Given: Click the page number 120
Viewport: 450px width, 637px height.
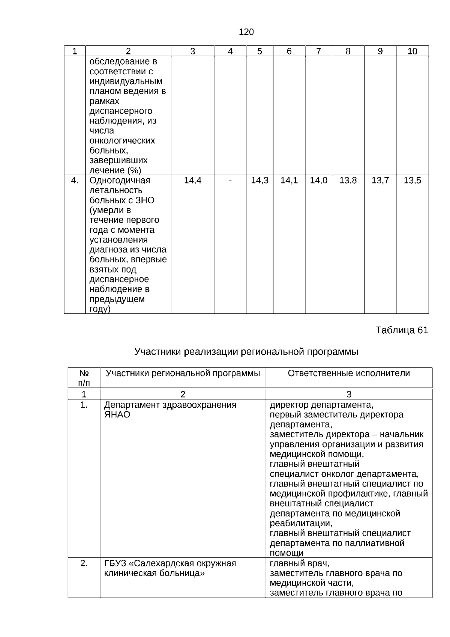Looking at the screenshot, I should tap(246, 32).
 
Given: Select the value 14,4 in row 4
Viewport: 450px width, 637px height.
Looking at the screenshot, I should tap(193, 181).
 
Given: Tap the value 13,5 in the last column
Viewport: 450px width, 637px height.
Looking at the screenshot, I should tap(412, 181).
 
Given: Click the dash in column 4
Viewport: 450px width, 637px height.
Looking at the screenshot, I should tap(230, 181).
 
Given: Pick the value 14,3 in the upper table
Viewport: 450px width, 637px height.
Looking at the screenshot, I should tap(259, 181).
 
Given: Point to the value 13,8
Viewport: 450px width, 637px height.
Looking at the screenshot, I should tap(348, 181).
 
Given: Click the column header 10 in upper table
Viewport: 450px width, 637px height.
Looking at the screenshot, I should tap(412, 51).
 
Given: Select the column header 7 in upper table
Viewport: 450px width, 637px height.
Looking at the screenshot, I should tap(318, 51).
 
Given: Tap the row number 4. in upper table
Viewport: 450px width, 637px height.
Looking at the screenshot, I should tap(75, 181).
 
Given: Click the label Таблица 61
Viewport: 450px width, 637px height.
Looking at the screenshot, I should tap(402, 330).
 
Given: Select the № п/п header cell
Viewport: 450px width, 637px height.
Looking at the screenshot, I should tap(84, 378).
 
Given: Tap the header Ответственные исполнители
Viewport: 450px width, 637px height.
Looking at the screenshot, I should tap(349, 373).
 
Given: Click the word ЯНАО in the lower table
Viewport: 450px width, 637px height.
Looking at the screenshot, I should tap(117, 415).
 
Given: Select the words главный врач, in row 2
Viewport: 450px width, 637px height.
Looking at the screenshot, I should tap(300, 563).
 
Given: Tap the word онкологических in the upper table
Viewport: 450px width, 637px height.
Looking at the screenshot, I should tap(122, 141).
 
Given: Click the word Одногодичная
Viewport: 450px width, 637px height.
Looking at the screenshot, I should tap(120, 181).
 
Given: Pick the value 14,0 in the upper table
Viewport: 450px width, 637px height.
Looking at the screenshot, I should tap(318, 181).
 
